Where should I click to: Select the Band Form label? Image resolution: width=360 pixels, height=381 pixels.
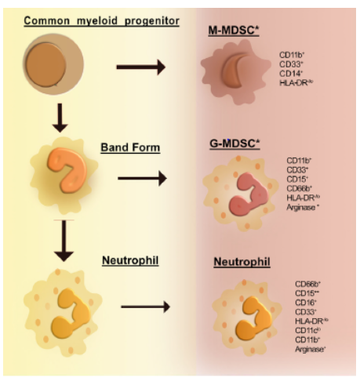(129, 147)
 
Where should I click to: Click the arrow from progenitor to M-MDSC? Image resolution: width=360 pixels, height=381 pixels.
(140, 67)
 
